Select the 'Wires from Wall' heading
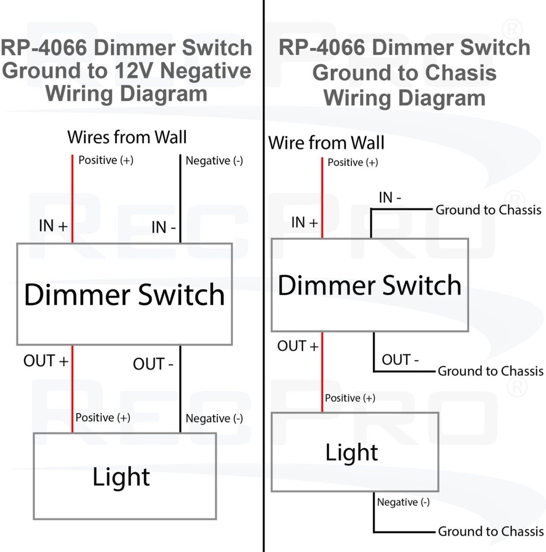[127, 137]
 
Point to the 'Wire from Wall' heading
[326, 143]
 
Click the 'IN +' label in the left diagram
[53, 226]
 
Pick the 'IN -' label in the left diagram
[163, 227]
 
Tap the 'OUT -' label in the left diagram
[153, 364]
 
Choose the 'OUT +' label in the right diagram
[298, 346]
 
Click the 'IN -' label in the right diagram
[390, 198]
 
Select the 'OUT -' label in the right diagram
[400, 360]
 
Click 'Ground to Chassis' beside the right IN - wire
[488, 210]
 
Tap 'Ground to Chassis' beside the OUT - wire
[490, 371]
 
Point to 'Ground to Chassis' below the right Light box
[490, 532]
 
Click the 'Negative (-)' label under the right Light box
[403, 502]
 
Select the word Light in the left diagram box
[121, 477]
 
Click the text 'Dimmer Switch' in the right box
[369, 285]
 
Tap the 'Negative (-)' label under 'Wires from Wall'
[214, 161]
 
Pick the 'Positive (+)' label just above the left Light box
[102, 418]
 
